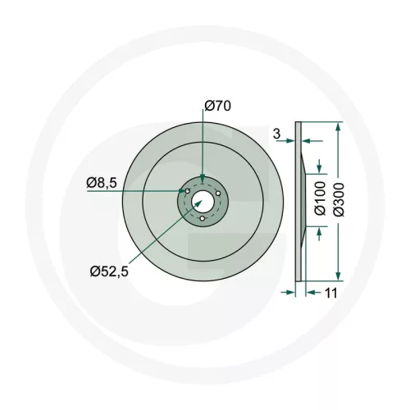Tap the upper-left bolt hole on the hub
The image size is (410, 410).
[189, 191]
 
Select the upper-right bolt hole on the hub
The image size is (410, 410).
[216, 191]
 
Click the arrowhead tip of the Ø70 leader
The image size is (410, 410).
[203, 181]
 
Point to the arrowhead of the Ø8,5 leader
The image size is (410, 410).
[184, 191]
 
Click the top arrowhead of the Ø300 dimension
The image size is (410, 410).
[337, 125]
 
